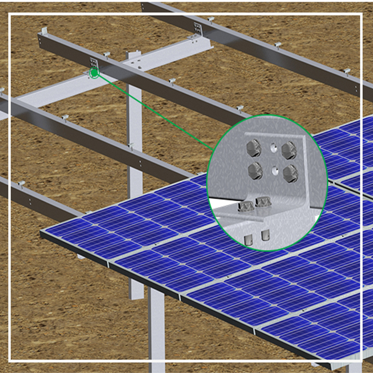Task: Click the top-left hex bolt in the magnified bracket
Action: [254, 149]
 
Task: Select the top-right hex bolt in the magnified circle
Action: [289, 150]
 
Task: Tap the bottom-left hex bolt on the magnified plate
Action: [255, 170]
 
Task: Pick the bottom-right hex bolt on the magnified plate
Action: [290, 173]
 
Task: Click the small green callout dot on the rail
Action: [94, 73]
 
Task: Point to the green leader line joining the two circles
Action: [157, 112]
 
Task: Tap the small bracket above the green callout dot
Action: [93, 62]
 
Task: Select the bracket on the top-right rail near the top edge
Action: [197, 28]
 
